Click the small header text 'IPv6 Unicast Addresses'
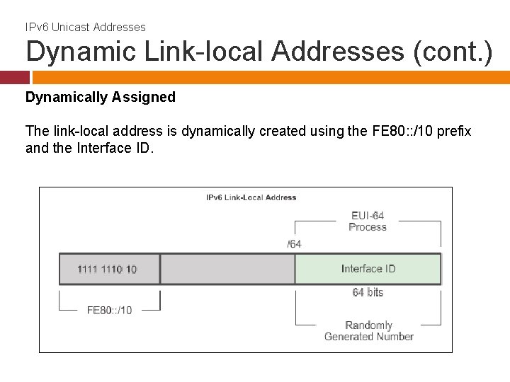pyautogui.click(x=86, y=27)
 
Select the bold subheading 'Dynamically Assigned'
pyautogui.click(x=101, y=97)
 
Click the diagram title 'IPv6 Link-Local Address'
pyautogui.click(x=251, y=197)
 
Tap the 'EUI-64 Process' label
pyautogui.click(x=368, y=221)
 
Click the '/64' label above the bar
pyautogui.click(x=294, y=244)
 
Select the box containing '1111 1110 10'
pyautogui.click(x=109, y=269)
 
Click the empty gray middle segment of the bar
pyautogui.click(x=227, y=269)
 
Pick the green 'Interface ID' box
pyautogui.click(x=368, y=269)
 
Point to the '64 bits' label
pyautogui.click(x=368, y=292)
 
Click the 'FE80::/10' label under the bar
pyautogui.click(x=109, y=310)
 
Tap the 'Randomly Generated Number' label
pyautogui.click(x=368, y=331)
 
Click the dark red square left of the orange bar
pyautogui.click(x=14, y=77)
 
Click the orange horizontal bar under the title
pyautogui.click(x=269, y=77)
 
